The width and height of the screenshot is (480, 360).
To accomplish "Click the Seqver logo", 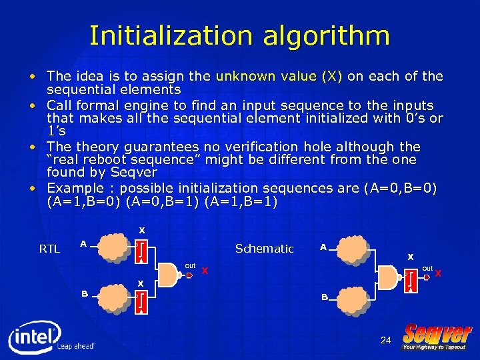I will tap(437, 336).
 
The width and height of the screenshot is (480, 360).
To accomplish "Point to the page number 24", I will tap(385, 340).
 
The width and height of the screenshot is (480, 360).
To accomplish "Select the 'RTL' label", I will tap(49, 249).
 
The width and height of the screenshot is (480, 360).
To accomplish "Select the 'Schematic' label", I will tap(264, 249).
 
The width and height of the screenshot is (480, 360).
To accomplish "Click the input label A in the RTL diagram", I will tap(83, 243).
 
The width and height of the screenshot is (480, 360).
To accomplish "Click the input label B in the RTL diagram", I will tap(85, 293).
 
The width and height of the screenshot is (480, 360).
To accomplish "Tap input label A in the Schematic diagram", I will tap(323, 247).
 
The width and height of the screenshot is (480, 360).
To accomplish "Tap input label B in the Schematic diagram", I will tap(325, 297).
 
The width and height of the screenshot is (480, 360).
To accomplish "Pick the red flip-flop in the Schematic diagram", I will tap(411, 280).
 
